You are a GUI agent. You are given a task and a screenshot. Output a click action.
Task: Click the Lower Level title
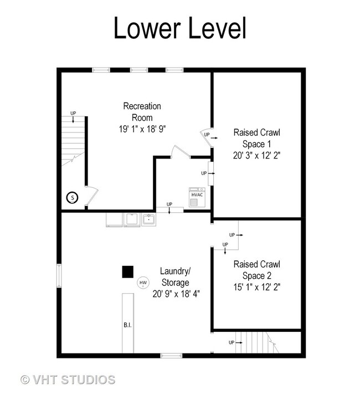point(180,28)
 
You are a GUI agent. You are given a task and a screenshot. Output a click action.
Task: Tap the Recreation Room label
point(142,112)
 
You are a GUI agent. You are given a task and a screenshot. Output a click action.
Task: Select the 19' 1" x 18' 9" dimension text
point(142,129)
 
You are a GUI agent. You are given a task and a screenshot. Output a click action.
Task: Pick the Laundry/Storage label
point(176,277)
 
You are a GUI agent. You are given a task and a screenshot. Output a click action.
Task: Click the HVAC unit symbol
point(197,197)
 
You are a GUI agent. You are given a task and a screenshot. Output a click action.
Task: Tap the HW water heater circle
point(143,283)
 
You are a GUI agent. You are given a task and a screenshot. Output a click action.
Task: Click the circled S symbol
point(73,197)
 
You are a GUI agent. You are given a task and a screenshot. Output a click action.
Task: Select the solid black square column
point(128,271)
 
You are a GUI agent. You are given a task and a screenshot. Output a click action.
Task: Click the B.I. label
point(127,325)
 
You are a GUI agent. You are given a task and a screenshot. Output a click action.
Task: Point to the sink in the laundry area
point(149,219)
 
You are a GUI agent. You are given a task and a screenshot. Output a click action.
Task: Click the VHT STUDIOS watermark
point(68,380)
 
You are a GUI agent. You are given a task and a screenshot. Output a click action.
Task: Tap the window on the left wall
point(59,275)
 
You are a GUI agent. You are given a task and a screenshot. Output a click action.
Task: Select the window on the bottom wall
point(171,356)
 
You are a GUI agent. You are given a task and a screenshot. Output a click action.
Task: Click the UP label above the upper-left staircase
point(73,113)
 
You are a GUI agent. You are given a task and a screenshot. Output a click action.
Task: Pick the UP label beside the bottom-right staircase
point(232,342)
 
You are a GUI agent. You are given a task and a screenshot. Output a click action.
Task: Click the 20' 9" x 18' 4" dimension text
point(176,294)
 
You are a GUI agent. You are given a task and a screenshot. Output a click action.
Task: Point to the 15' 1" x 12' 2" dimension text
point(257,287)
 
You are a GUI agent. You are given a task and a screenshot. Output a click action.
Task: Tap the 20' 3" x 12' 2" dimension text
point(257,155)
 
